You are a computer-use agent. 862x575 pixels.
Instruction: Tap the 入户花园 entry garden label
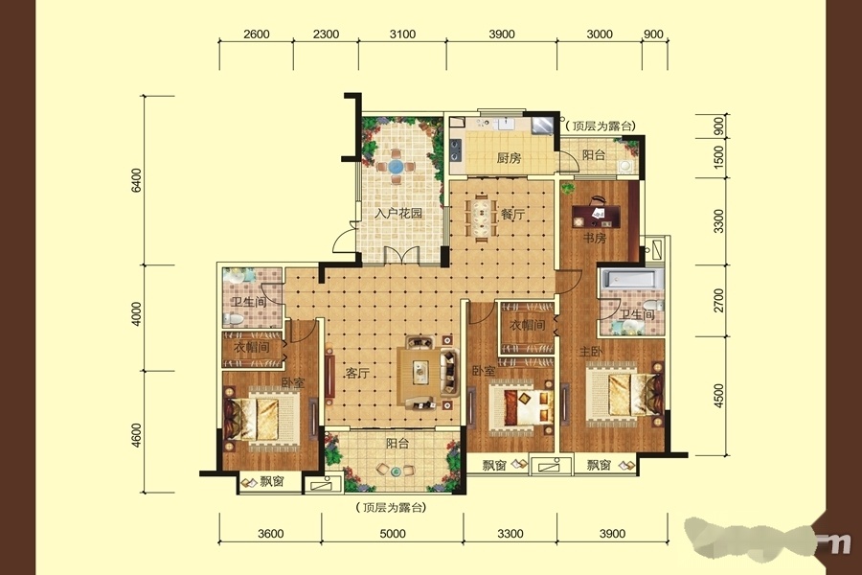coord(398,213)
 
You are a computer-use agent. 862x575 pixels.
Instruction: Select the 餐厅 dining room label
coord(512,214)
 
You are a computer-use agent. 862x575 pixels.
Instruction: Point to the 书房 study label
coord(595,239)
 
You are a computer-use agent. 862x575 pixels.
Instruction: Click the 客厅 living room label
coord(357,373)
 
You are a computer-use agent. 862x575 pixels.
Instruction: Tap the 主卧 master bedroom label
coord(590,351)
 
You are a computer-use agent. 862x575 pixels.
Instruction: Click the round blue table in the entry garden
coord(396,166)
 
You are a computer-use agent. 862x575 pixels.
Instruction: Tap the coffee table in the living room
coord(420,371)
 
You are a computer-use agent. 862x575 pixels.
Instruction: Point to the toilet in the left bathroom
coord(233,318)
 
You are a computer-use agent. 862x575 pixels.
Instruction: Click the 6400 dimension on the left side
coord(136,180)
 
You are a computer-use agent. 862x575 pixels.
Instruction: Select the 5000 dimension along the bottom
coord(393,533)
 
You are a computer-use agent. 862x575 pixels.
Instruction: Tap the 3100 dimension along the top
coord(402,34)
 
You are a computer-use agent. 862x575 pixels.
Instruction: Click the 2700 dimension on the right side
coord(718,300)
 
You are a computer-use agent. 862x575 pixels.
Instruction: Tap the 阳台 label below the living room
coord(397,443)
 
